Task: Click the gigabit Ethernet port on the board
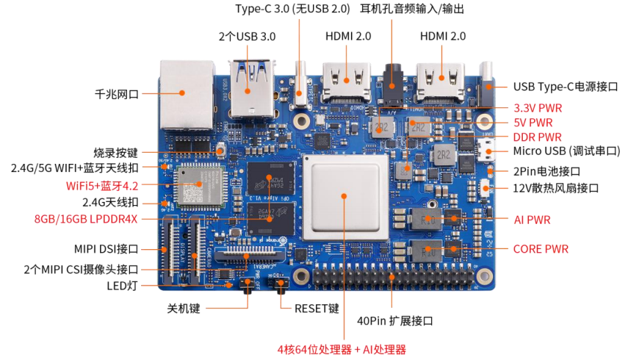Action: coord(187,96)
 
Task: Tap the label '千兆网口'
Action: coord(117,94)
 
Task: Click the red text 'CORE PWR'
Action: coord(541,249)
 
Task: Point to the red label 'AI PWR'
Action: coord(532,220)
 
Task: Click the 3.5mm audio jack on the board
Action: coord(392,87)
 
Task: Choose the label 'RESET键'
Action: coord(317,309)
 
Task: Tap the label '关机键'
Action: coord(184,309)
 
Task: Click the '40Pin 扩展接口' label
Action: coord(395,321)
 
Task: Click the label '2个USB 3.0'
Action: coord(247,37)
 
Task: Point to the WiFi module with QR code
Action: coord(199,187)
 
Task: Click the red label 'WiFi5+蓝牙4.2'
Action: coord(102,186)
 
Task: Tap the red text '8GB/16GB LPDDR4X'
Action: coord(86,219)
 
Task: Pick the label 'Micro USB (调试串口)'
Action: coord(566,151)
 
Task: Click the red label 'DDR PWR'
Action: coord(537,137)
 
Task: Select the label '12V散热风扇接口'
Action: coord(555,188)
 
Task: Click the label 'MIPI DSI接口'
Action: coord(106,249)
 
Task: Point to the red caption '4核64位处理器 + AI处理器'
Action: coord(342,350)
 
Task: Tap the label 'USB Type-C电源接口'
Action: coord(566,87)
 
